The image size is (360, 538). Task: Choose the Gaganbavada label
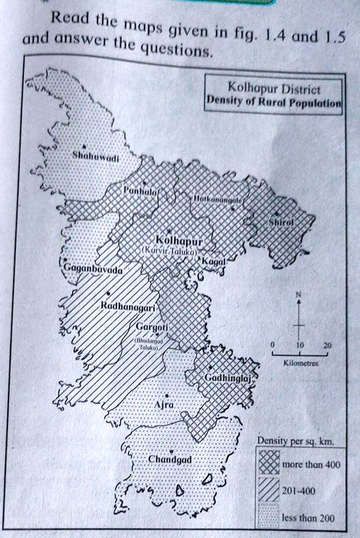tap(92, 269)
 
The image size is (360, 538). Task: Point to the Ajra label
tap(161, 405)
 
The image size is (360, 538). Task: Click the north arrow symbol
tap(299, 315)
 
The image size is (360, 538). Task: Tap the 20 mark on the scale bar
tap(327, 346)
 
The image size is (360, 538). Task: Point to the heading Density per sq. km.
tap(295, 440)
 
